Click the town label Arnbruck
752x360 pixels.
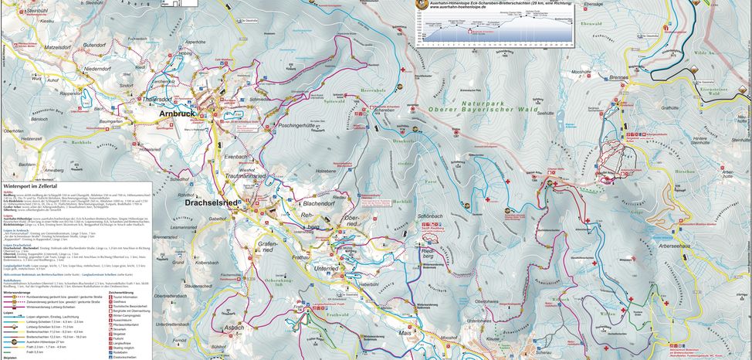click(x=177, y=114)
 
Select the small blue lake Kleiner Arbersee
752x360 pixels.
click(x=610, y=151)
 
